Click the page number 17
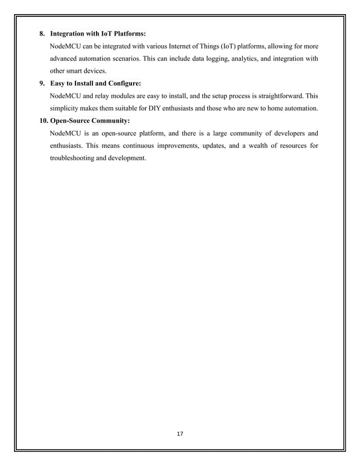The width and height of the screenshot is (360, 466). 180,434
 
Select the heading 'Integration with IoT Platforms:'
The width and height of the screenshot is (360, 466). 98,34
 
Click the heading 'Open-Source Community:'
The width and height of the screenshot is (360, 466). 90,121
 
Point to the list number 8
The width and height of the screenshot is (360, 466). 42,34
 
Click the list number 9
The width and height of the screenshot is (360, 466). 42,83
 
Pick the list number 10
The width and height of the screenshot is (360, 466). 43,121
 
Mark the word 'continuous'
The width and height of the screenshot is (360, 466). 146,146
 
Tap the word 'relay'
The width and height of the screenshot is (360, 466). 106,96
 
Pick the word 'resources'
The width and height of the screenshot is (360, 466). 284,146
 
